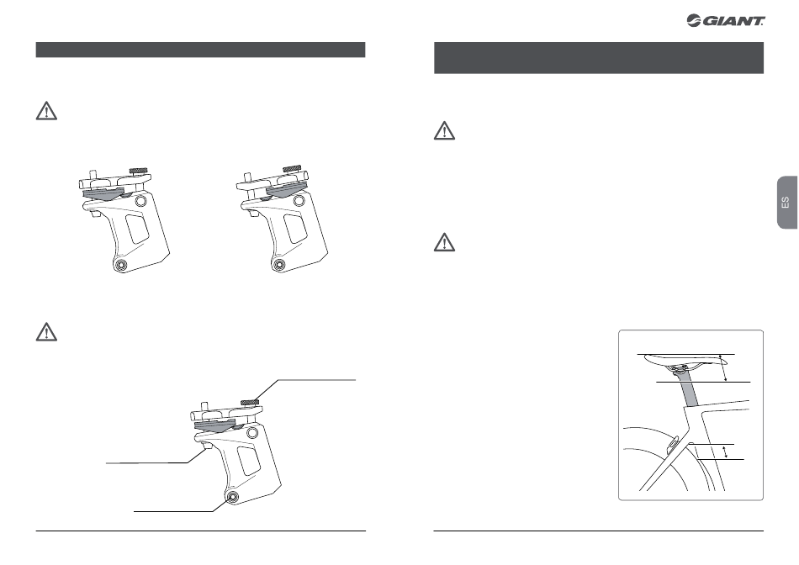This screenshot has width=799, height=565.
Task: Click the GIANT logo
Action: pos(726,21)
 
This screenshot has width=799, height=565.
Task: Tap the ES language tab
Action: pos(787,203)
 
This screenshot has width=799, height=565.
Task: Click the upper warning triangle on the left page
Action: pos(46,111)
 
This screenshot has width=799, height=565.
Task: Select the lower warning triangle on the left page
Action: pos(46,331)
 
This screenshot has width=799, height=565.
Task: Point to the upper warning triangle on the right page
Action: pos(444,130)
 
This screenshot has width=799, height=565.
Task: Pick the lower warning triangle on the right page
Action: pos(444,242)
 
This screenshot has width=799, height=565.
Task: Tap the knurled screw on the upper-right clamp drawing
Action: pos(292,168)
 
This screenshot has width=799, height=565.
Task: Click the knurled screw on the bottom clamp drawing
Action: pos(250,403)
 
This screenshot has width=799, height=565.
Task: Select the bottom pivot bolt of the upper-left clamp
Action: pos(121,264)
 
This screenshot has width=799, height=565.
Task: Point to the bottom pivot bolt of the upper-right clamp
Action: pos(278,264)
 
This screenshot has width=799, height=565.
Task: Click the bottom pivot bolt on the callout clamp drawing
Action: pos(232,497)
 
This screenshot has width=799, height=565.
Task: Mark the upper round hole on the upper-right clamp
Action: pos(298,201)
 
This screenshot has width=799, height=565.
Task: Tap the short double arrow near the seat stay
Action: pos(726,451)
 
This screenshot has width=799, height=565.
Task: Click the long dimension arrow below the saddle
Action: pos(723,367)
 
